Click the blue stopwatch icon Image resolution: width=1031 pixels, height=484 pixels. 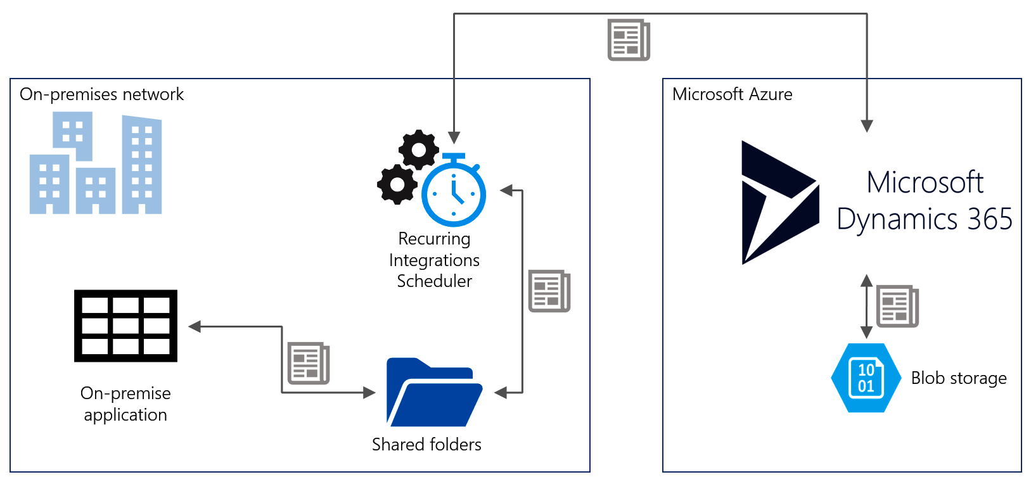click(454, 193)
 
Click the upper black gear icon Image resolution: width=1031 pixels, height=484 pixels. click(418, 150)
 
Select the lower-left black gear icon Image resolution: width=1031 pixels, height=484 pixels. click(397, 184)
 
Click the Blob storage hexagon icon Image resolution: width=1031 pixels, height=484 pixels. click(866, 378)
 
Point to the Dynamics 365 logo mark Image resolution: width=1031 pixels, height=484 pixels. click(779, 202)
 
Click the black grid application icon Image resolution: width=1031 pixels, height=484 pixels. click(125, 326)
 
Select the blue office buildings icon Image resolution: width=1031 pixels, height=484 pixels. click(96, 163)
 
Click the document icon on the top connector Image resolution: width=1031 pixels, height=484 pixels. click(628, 40)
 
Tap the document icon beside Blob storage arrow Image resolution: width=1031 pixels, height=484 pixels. click(897, 306)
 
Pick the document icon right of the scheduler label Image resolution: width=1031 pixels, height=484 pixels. click(549, 291)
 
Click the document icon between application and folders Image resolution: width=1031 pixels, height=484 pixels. click(308, 363)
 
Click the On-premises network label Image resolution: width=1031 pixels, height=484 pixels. click(101, 94)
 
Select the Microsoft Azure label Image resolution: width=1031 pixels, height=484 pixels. click(732, 94)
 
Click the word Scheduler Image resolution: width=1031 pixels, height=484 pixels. click(434, 281)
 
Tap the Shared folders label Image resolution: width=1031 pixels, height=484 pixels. click(426, 445)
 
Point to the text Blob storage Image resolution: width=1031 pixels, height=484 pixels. click(958, 378)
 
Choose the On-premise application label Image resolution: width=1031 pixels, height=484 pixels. click(125, 404)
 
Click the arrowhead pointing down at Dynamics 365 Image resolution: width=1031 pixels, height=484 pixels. click(867, 126)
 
